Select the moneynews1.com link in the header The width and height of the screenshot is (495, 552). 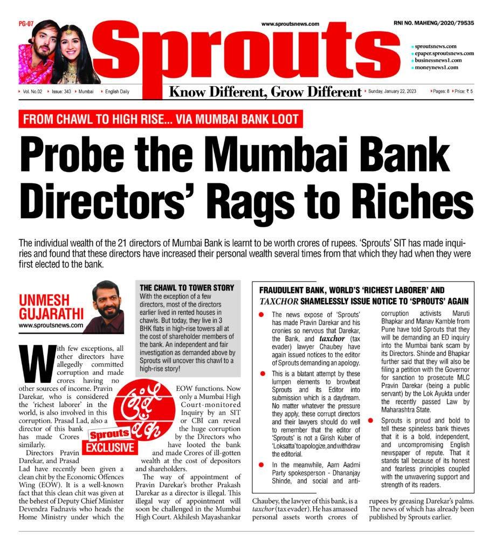pyautogui.click(x=436, y=67)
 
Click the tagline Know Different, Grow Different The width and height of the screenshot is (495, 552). pyautogui.click(x=265, y=92)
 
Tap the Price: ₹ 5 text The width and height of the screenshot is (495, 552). pyautogui.click(x=464, y=91)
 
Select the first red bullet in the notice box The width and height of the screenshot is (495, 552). pyautogui.click(x=262, y=314)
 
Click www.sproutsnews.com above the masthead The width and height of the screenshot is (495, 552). pyautogui.click(x=290, y=24)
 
